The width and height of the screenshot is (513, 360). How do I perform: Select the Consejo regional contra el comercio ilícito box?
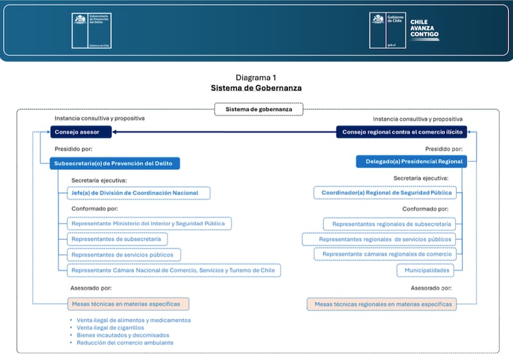click(402, 132)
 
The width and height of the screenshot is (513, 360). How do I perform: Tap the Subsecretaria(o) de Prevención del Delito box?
click(115, 163)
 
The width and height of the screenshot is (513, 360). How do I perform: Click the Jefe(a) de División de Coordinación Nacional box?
click(139, 193)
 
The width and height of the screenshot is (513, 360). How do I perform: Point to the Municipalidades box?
click(425, 270)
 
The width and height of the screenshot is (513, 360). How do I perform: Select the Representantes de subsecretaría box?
click(118, 239)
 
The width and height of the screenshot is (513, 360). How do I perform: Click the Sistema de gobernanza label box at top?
click(259, 110)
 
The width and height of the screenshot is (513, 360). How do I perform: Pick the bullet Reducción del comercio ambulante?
click(125, 343)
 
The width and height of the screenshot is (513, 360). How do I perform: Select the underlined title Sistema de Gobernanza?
click(256, 88)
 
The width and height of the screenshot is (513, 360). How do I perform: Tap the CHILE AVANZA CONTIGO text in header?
click(425, 30)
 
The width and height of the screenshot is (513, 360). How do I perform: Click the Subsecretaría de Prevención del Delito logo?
click(90, 30)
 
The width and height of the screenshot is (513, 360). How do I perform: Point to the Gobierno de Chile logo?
click(387, 30)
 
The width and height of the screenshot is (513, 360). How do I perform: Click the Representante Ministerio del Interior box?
click(149, 223)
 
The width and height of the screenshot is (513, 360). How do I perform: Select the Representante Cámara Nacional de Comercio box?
click(174, 270)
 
